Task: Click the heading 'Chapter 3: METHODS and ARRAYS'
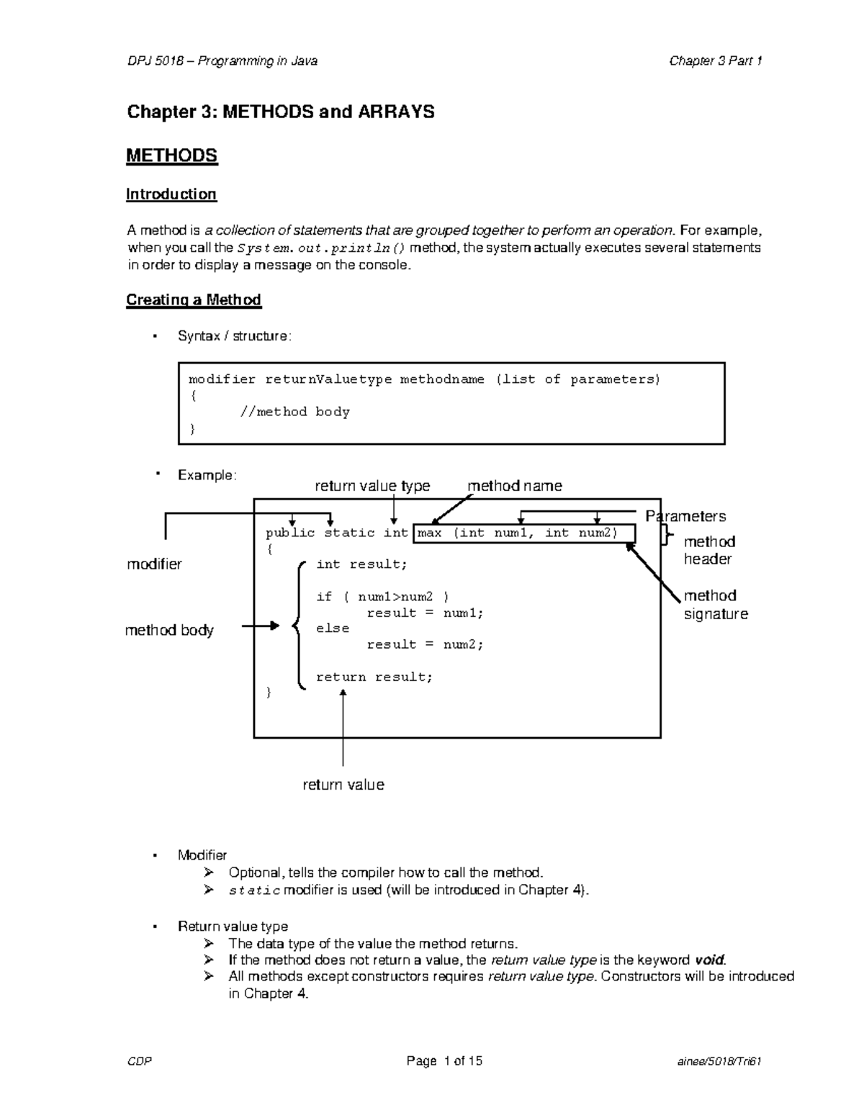click(x=280, y=112)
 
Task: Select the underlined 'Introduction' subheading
click(x=171, y=194)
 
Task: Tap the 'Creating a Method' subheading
click(x=193, y=300)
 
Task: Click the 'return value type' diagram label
click(x=372, y=486)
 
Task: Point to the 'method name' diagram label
click(x=514, y=486)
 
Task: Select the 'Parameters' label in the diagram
click(x=685, y=516)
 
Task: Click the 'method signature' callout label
click(x=715, y=605)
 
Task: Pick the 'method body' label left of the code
click(x=169, y=631)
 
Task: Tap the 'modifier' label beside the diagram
click(x=154, y=564)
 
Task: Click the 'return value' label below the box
click(x=343, y=785)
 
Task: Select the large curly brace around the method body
click(x=297, y=626)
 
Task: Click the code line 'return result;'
click(x=374, y=677)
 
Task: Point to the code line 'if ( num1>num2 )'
click(x=382, y=597)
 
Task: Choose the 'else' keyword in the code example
click(x=333, y=628)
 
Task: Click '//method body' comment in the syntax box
click(x=294, y=413)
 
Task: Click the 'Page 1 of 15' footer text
click(x=444, y=1061)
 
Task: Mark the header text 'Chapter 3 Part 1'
click(x=715, y=61)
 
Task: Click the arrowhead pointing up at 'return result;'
click(x=343, y=694)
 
